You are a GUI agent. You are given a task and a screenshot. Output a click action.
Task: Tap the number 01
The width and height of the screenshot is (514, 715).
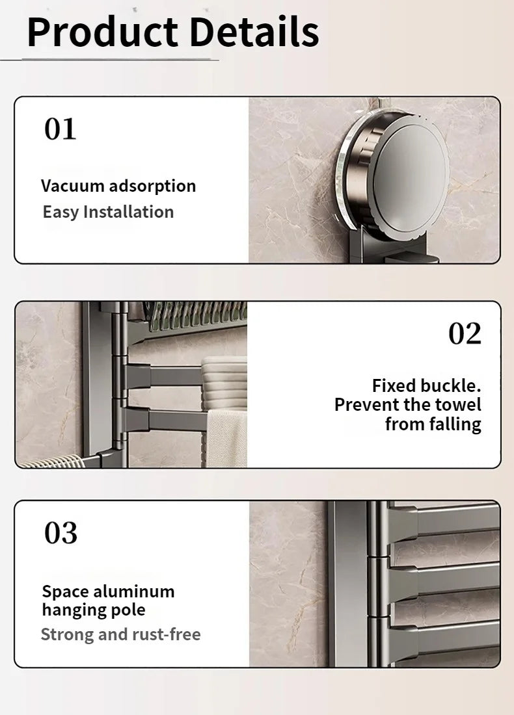(x=61, y=129)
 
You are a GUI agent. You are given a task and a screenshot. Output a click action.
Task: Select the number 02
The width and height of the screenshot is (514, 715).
(x=465, y=333)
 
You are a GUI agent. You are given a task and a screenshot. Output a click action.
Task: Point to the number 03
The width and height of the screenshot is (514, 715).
(x=61, y=533)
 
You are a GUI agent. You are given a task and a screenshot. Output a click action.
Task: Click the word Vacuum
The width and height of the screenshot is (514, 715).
(x=72, y=186)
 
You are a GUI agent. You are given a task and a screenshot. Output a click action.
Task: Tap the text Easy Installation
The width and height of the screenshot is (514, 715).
(x=108, y=212)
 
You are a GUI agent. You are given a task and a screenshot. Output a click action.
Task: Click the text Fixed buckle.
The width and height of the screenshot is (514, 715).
(x=426, y=385)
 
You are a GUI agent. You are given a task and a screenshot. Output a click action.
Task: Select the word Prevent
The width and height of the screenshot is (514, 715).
(x=366, y=405)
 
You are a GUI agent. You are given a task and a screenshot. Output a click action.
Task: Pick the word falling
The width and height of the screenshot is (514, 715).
(x=455, y=424)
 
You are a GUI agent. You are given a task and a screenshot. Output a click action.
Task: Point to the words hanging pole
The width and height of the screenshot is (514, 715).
(x=93, y=610)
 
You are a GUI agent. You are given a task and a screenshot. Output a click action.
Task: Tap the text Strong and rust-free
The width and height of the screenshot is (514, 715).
(x=120, y=634)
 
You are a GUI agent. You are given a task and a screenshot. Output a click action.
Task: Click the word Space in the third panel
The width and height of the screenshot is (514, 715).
(x=66, y=591)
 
